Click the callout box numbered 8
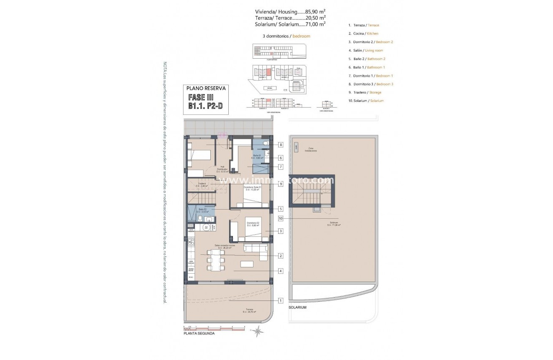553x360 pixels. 281,145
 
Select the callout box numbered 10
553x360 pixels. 281,218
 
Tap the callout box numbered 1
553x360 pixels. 281,300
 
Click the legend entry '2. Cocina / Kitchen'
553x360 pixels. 363,34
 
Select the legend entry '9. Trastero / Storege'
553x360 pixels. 364,92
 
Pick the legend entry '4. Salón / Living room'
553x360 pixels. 365,50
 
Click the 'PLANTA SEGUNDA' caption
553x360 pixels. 199,334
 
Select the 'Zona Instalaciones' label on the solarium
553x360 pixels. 310,149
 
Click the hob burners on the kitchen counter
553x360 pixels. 191,242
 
